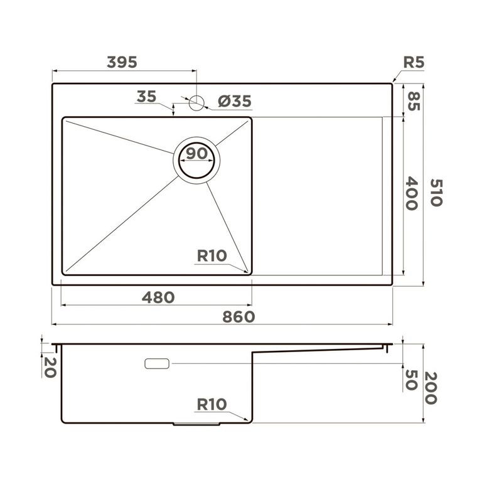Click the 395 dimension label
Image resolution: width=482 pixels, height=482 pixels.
(x=122, y=62)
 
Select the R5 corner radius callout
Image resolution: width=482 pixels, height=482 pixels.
(x=414, y=62)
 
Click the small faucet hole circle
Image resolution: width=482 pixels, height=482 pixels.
(x=197, y=102)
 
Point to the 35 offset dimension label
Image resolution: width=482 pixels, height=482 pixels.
(x=146, y=97)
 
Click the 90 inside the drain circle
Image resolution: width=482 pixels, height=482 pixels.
(x=197, y=153)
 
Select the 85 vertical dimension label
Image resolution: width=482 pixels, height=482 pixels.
(x=412, y=100)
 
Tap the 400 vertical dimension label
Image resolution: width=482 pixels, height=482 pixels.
(x=412, y=193)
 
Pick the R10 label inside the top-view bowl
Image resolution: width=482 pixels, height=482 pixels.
(x=212, y=255)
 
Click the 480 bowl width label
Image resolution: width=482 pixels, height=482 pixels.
(x=158, y=297)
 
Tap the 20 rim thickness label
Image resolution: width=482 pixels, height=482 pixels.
(x=50, y=366)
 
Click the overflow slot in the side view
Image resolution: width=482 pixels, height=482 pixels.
(x=157, y=363)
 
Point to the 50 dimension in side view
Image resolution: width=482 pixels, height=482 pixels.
(x=412, y=380)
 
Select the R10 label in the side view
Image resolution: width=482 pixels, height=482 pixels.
(x=212, y=405)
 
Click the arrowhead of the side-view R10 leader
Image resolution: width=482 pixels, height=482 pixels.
(x=249, y=420)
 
